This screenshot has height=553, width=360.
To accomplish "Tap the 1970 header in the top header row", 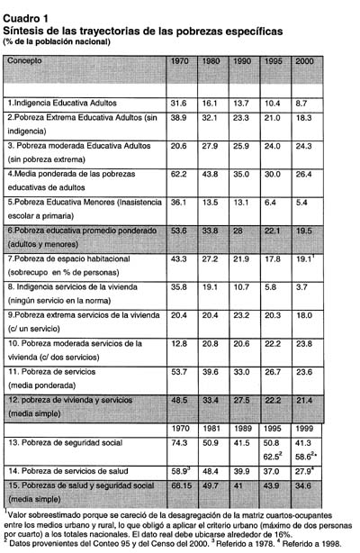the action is click(x=178, y=61).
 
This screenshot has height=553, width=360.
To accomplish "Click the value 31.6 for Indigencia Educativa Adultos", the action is click(x=178, y=104).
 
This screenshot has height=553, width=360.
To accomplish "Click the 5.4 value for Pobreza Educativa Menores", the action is click(x=304, y=203).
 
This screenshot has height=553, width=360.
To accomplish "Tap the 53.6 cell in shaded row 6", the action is click(x=178, y=231).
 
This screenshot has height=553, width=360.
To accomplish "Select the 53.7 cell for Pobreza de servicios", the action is click(x=178, y=371).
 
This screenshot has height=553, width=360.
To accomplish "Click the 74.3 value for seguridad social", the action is click(x=178, y=443).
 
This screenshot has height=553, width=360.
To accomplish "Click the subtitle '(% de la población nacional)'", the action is click(x=56, y=41).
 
